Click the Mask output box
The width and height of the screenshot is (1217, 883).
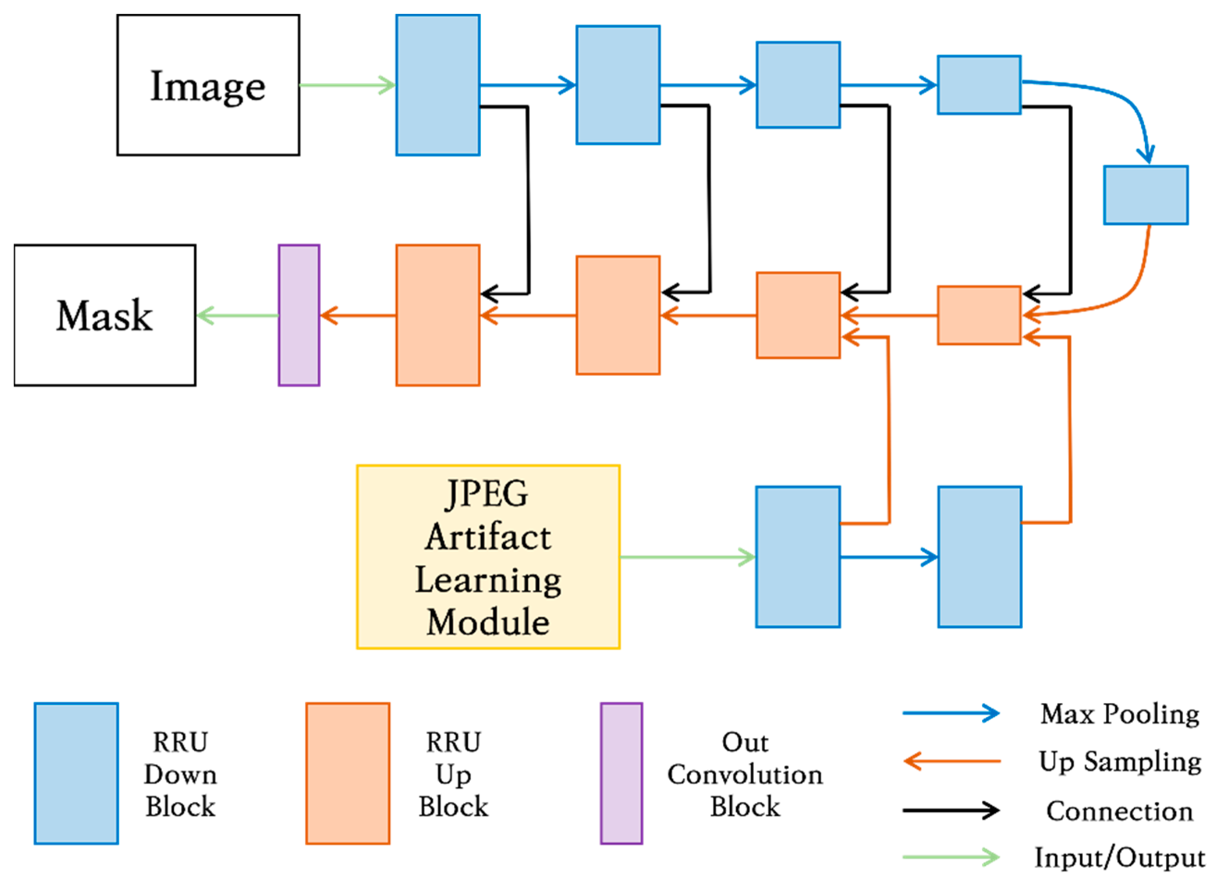point(105,315)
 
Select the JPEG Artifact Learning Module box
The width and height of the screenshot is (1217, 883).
point(488,557)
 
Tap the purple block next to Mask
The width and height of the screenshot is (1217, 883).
point(299,315)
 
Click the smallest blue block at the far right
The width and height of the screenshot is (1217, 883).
point(1146,195)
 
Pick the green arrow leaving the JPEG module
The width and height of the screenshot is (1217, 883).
point(687,557)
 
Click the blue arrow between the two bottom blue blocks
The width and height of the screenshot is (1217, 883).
point(888,557)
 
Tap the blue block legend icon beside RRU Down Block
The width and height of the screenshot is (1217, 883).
point(76,773)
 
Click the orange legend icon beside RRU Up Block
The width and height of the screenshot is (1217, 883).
point(348,773)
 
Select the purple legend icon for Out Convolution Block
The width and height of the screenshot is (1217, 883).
point(621,773)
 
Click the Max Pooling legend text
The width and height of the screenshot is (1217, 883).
point(1120,714)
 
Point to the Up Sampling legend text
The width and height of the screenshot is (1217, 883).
point(1120,762)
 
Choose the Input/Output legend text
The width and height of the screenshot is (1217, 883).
point(1120,857)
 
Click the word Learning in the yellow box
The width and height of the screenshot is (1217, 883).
point(488,581)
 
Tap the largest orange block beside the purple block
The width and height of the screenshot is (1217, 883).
point(437,315)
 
